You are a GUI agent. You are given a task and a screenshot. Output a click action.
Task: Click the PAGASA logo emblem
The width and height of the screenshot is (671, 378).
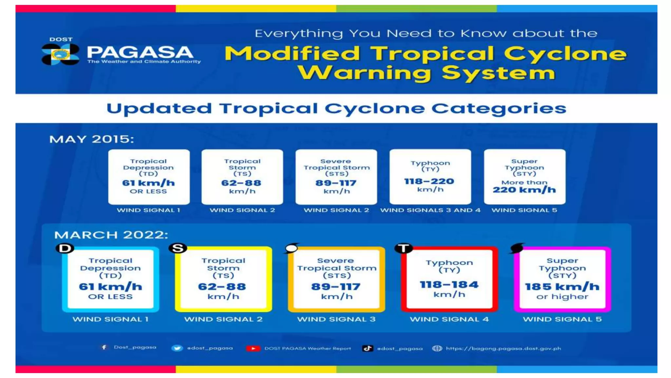pyautogui.click(x=60, y=54)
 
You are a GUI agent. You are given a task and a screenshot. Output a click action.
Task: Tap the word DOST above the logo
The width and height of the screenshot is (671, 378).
pyautogui.click(x=61, y=39)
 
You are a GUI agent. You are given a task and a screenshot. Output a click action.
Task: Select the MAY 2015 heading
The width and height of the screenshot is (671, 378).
pyautogui.click(x=91, y=139)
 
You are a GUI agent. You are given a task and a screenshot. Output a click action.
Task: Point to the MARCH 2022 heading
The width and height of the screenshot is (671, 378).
pyautogui.click(x=111, y=235)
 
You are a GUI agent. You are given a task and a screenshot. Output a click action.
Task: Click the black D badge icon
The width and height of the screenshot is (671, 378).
pyautogui.click(x=65, y=248)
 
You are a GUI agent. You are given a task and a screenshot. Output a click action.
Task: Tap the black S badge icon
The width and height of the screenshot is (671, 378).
pyautogui.click(x=178, y=248)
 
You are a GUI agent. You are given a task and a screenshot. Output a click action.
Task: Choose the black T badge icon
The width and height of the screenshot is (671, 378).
pyautogui.click(x=403, y=248)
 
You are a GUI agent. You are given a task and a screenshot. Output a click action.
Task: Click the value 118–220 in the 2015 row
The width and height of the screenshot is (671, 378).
pyautogui.click(x=429, y=181)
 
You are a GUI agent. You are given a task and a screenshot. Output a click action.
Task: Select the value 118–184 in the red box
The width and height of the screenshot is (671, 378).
pyautogui.click(x=449, y=284)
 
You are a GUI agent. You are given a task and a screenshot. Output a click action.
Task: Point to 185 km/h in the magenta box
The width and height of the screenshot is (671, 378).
pyautogui.click(x=562, y=286)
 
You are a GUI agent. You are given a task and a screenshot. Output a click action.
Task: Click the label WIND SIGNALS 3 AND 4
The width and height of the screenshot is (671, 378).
pyautogui.click(x=430, y=210)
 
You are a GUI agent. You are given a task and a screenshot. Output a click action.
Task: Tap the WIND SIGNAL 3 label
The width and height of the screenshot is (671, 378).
pyautogui.click(x=336, y=319)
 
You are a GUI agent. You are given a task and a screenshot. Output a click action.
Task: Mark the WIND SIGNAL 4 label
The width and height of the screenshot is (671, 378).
pyautogui.click(x=449, y=319)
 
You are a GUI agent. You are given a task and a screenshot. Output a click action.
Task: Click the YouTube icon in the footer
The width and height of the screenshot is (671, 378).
pyautogui.click(x=253, y=348)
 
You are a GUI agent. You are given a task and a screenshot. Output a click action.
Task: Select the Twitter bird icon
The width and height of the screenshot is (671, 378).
pyautogui.click(x=177, y=348)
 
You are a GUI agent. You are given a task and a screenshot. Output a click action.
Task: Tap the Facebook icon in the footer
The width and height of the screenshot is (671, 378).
pyautogui.click(x=104, y=347)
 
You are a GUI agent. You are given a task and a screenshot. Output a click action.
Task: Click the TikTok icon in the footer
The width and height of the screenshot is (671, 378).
pyautogui.click(x=367, y=348)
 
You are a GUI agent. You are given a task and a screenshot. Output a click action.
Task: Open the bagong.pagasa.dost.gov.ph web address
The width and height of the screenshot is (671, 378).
pyautogui.click(x=503, y=348)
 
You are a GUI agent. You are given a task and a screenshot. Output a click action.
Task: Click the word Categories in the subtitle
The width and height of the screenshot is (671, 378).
pyautogui.click(x=498, y=109)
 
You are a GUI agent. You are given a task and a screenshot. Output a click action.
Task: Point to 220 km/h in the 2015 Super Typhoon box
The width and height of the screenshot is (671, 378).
pyautogui.click(x=524, y=190)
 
